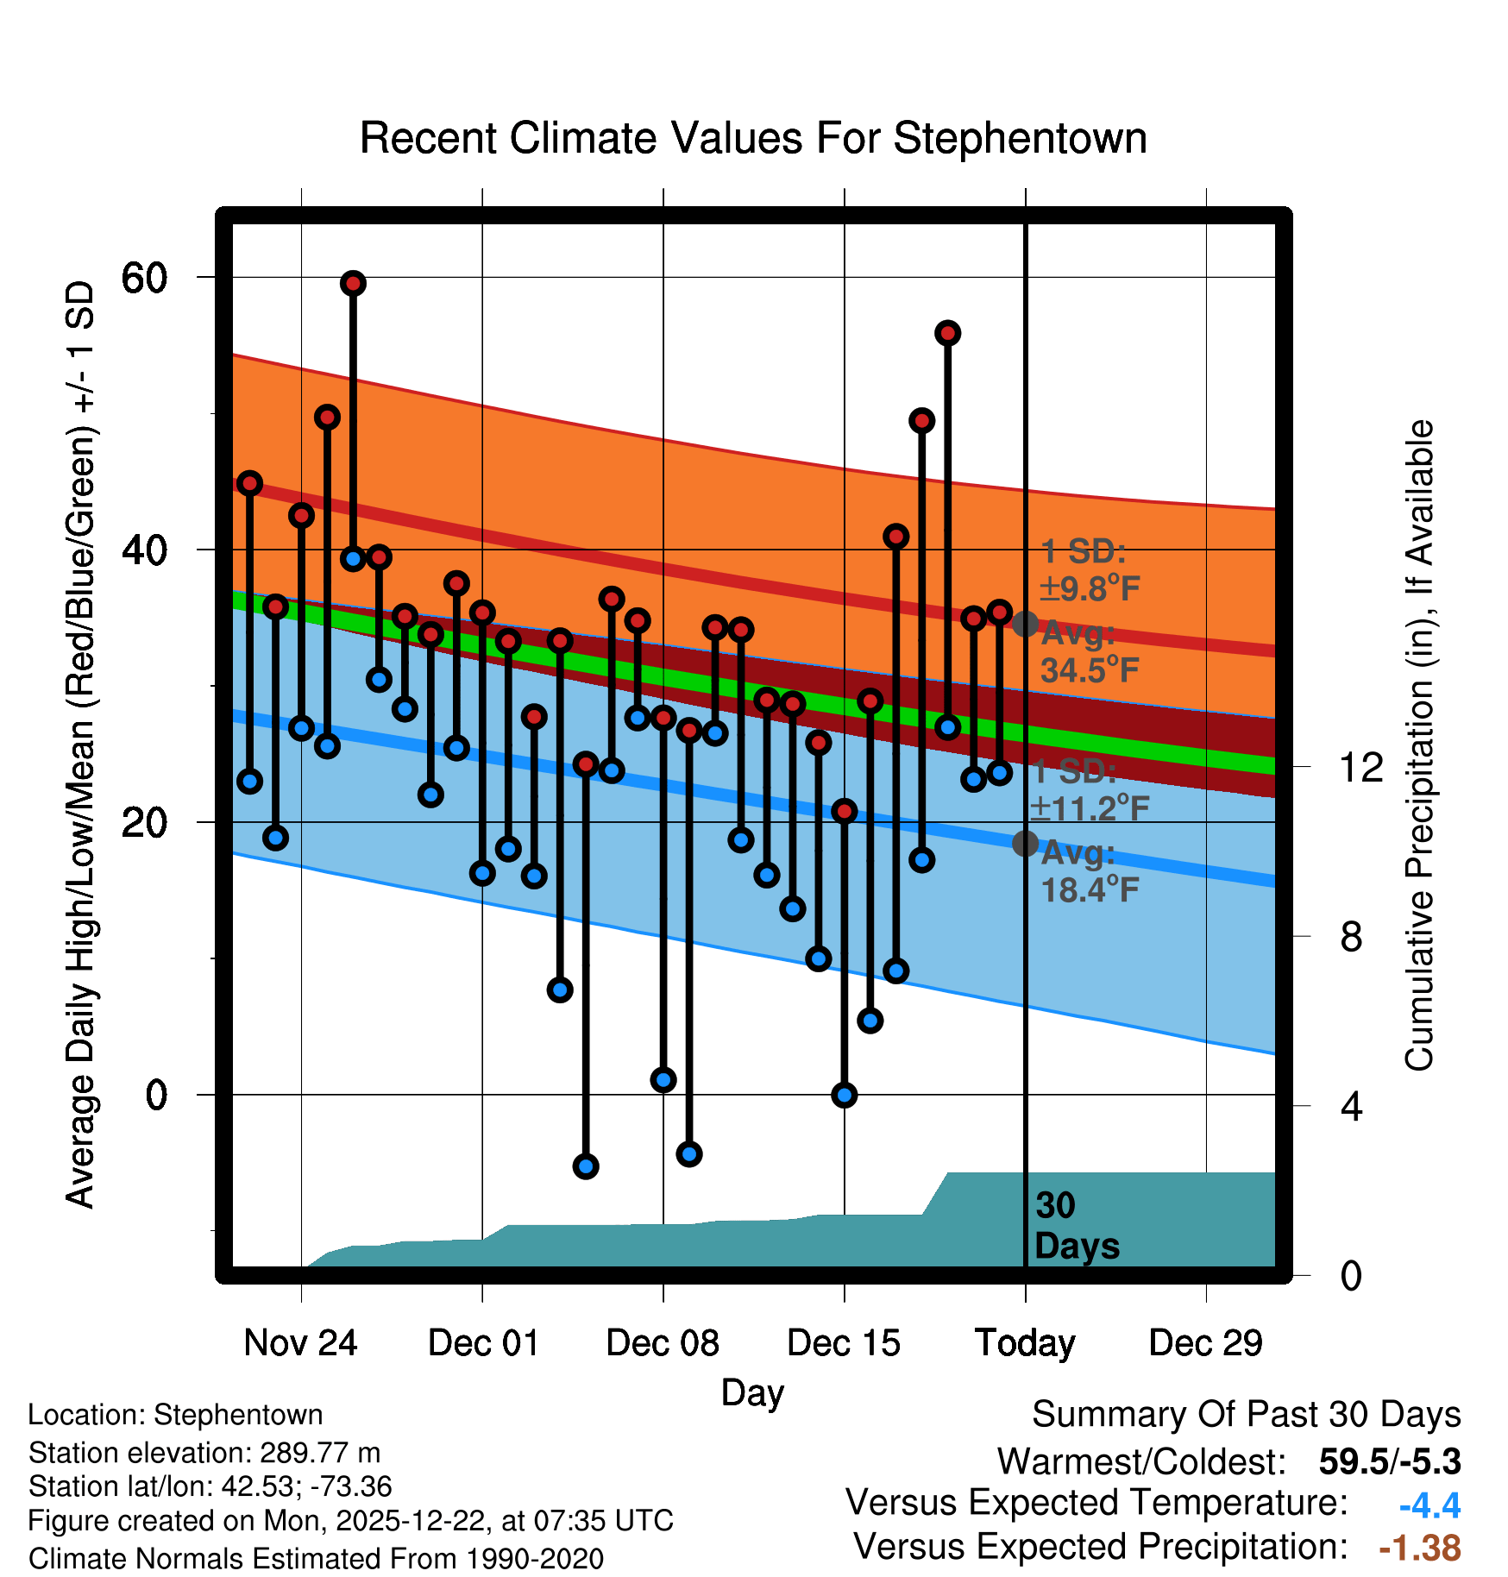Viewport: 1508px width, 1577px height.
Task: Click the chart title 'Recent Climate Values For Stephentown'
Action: pyautogui.click(x=753, y=139)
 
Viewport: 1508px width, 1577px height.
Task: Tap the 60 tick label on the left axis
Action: pyautogui.click(x=144, y=278)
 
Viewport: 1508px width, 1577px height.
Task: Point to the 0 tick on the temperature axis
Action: pyautogui.click(x=156, y=1095)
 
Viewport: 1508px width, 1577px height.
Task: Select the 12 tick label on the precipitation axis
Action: pyautogui.click(x=1360, y=767)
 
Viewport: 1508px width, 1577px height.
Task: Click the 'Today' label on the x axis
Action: pyautogui.click(x=1025, y=1343)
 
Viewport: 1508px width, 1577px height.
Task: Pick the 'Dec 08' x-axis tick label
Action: pyautogui.click(x=663, y=1343)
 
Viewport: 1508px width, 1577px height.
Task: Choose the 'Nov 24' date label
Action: pyautogui.click(x=300, y=1343)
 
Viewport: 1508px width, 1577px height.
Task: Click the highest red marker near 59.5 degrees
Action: pyautogui.click(x=353, y=283)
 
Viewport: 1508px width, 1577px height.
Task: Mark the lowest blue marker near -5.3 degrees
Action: pyautogui.click(x=586, y=1166)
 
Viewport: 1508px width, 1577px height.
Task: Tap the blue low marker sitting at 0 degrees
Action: pyautogui.click(x=844, y=1095)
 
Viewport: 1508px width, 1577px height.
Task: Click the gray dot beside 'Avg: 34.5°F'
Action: pyautogui.click(x=1025, y=624)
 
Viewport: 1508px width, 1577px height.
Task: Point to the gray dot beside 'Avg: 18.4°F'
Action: pyautogui.click(x=1025, y=843)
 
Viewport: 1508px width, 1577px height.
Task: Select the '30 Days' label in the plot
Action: pyautogui.click(x=1077, y=1226)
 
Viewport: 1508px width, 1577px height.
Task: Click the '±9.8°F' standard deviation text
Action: pyautogui.click(x=1090, y=589)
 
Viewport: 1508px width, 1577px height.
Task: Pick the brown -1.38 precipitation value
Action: pyautogui.click(x=1419, y=1548)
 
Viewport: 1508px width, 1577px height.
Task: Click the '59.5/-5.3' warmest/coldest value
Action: pyautogui.click(x=1389, y=1461)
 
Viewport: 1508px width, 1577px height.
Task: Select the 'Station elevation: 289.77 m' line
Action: pyautogui.click(x=204, y=1453)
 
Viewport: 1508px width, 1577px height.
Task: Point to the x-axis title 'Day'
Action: pyautogui.click(x=752, y=1392)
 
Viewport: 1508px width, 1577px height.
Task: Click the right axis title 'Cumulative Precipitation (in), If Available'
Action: pyautogui.click(x=1419, y=745)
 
